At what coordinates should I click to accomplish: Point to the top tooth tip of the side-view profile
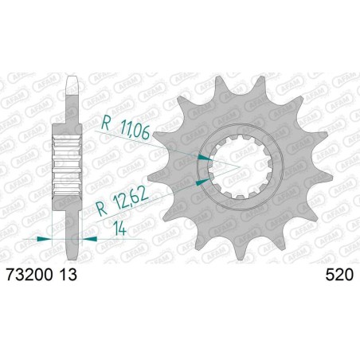[71, 80]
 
